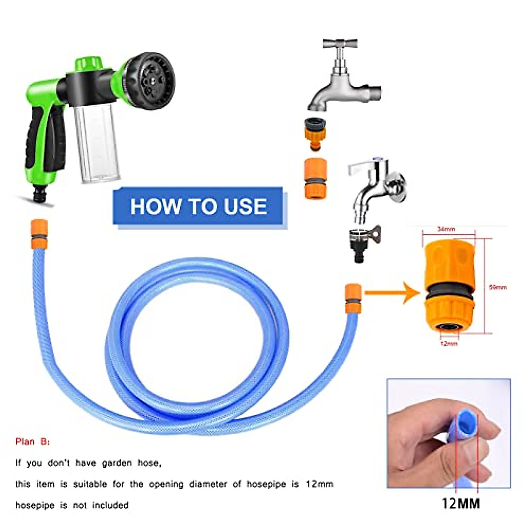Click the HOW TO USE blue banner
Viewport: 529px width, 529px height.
point(198,206)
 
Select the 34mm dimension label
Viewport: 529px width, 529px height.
point(447,229)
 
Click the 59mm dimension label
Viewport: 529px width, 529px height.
point(498,287)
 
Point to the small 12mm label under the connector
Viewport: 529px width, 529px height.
point(449,343)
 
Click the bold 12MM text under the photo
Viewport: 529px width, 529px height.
point(461,503)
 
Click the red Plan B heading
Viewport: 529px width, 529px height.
point(33,441)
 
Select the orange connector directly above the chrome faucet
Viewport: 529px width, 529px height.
point(316,179)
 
